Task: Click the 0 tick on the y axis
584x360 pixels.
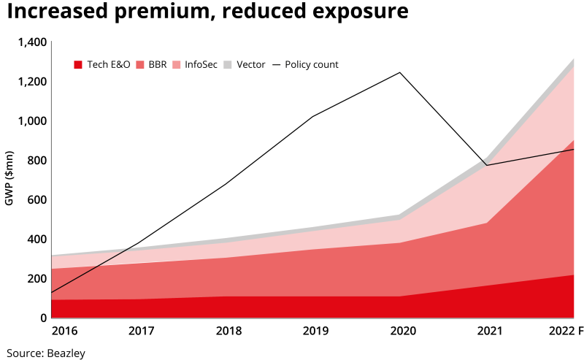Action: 43,318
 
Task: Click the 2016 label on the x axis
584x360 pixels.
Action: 64,331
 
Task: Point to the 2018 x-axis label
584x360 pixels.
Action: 229,331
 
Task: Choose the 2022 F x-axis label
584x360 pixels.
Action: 566,331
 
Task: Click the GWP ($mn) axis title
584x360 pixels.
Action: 9,178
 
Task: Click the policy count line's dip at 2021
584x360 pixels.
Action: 485,165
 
